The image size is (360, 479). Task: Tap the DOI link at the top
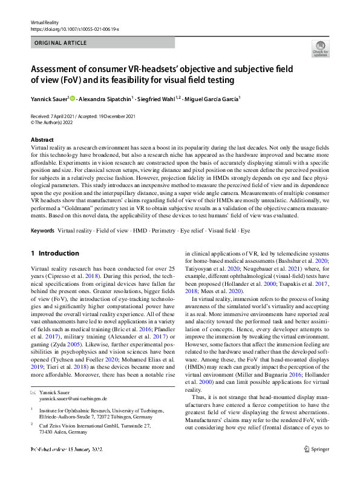click(74, 28)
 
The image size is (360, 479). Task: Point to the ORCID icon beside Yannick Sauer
click(73, 98)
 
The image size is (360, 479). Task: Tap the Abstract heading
click(41, 140)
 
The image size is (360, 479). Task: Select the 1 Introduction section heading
click(54, 253)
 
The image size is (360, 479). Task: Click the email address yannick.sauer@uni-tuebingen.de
click(73, 399)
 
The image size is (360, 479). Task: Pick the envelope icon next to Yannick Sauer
click(33, 392)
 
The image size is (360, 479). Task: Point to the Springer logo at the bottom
click(315, 466)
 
